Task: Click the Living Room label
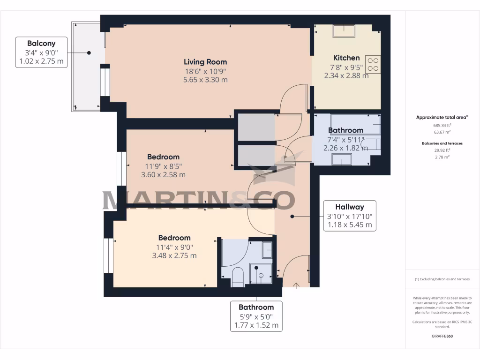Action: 205,62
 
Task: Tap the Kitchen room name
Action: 346,58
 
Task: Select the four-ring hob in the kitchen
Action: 373,64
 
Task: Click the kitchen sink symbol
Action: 344,31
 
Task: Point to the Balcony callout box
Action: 41,52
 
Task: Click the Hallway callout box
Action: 349,216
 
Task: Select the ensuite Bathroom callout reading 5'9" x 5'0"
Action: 255,316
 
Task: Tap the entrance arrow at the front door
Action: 296,285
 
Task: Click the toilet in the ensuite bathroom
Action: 237,277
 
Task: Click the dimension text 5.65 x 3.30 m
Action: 205,80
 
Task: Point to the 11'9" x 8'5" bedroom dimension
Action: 163,166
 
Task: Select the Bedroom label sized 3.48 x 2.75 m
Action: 174,238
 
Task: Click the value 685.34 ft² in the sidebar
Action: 442,126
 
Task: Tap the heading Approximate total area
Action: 442,117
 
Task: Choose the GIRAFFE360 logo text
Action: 442,336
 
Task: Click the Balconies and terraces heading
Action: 442,143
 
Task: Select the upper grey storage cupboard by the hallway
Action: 256,127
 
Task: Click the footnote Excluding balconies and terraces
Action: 442,279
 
